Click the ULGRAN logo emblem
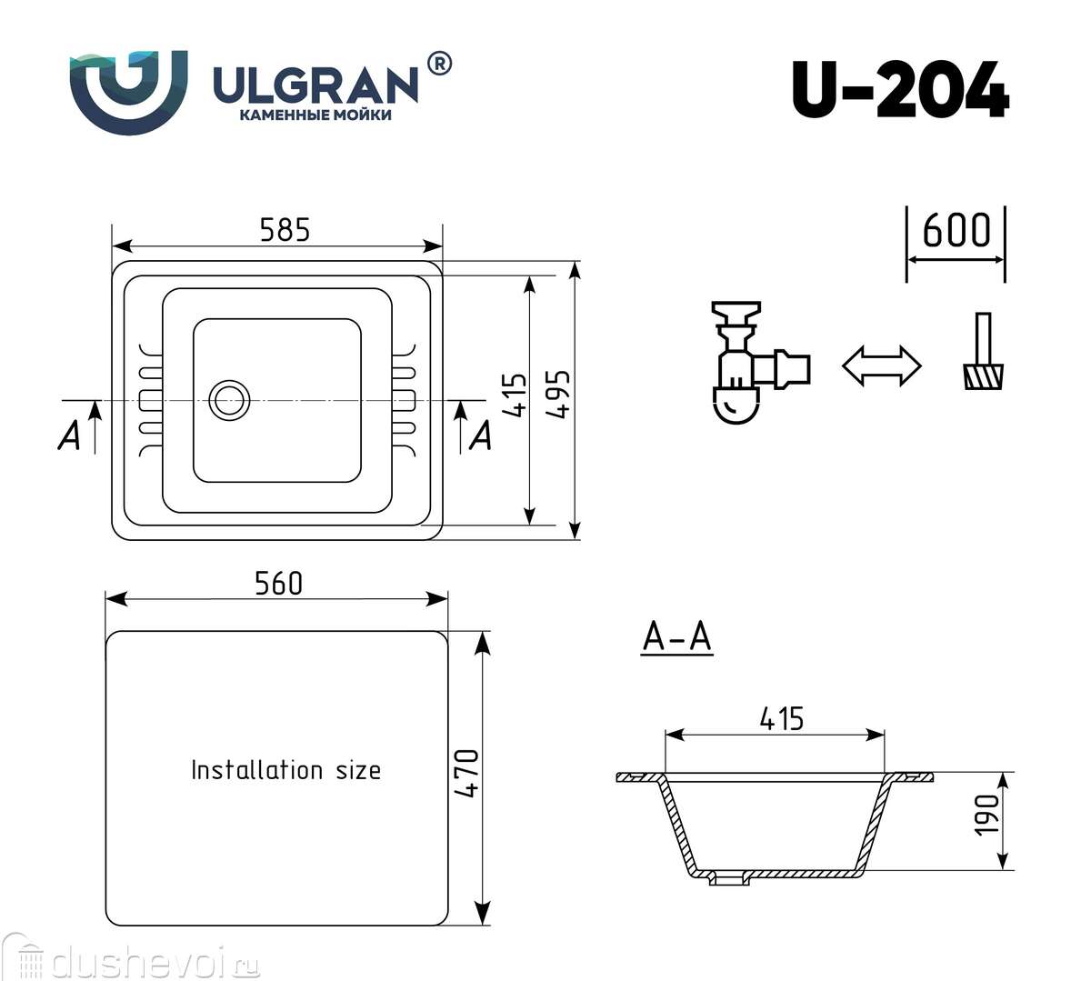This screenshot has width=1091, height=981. [129, 92]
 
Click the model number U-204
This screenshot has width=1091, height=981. [900, 91]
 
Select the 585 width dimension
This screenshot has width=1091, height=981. [285, 230]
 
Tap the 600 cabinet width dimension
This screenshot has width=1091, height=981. [956, 231]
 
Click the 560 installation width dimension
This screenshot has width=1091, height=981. [278, 583]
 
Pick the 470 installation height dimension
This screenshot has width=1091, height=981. [465, 773]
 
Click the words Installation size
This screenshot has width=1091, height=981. [285, 770]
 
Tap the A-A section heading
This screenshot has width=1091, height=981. [676, 637]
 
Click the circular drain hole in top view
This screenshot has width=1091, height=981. [228, 400]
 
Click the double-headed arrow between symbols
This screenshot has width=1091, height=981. [881, 365]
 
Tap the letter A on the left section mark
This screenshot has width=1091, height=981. [69, 436]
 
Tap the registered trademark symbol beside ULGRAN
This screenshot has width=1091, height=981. [438, 64]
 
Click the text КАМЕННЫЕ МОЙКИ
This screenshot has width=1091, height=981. [315, 115]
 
